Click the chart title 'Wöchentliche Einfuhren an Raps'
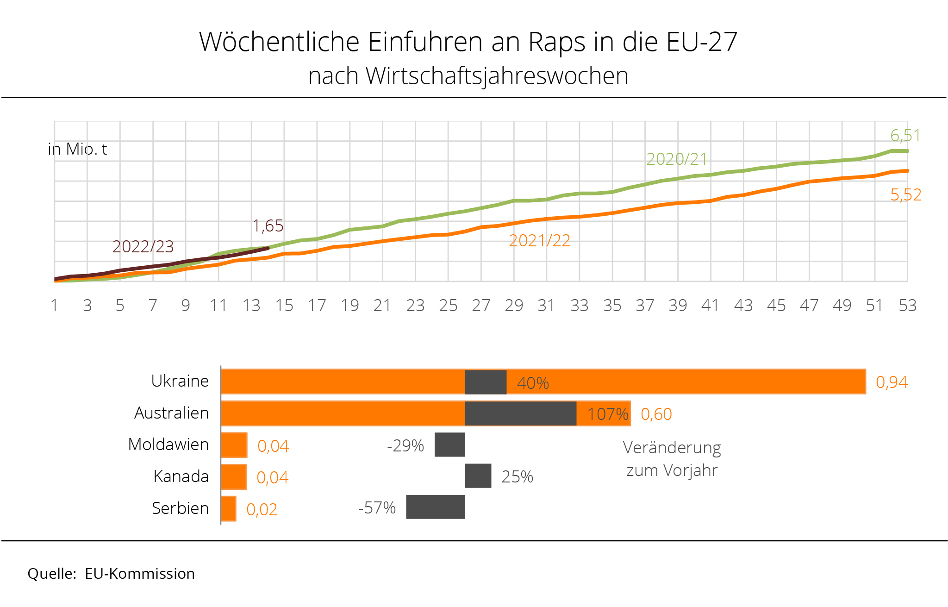point(468,42)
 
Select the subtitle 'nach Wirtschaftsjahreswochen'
point(468,76)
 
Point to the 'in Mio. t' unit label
point(78,149)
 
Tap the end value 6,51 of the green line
point(905,136)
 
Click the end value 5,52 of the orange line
point(906,195)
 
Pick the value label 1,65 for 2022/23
point(268,226)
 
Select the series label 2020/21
point(677,159)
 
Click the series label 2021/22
point(539,241)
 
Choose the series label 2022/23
point(143,247)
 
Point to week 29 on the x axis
point(514,306)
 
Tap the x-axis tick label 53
point(907,306)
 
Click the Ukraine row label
point(180,381)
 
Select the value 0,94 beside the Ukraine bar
point(892,382)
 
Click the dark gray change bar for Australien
point(520,413)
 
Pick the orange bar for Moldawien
point(234,445)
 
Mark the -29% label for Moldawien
point(405,446)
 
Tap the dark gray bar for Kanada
point(478,476)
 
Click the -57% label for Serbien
point(377,508)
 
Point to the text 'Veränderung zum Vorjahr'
point(672,459)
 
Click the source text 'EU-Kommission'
point(140,574)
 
